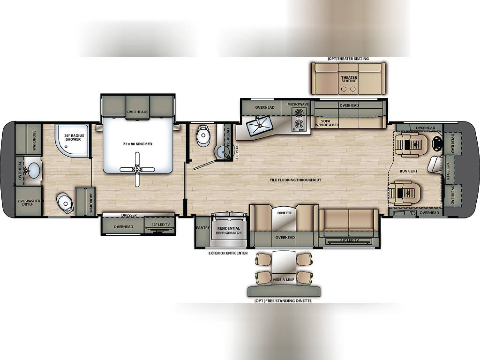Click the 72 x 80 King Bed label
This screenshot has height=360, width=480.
tap(137, 144)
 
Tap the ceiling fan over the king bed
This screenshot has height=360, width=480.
tap(137, 169)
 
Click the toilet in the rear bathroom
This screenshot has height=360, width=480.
tap(65, 202)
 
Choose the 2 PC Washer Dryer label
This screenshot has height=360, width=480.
tap(28, 202)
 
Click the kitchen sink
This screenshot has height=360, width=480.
tap(259, 125)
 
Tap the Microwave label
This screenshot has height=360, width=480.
tap(298, 105)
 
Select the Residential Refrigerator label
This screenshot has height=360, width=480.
tap(229, 231)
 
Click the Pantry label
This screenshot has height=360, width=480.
tap(202, 228)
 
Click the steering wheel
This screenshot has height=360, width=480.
tap(437, 143)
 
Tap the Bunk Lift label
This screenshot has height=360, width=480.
tap(409, 171)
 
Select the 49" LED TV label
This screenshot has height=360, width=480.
tap(349, 240)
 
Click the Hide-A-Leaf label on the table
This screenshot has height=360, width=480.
tap(284, 279)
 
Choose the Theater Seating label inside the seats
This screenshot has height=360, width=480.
tap(349, 79)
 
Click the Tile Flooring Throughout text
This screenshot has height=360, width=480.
tap(295, 180)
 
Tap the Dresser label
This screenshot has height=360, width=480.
tap(129, 215)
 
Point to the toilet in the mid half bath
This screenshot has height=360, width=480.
tap(202, 136)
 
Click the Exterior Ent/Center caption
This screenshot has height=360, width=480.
tap(228, 253)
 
